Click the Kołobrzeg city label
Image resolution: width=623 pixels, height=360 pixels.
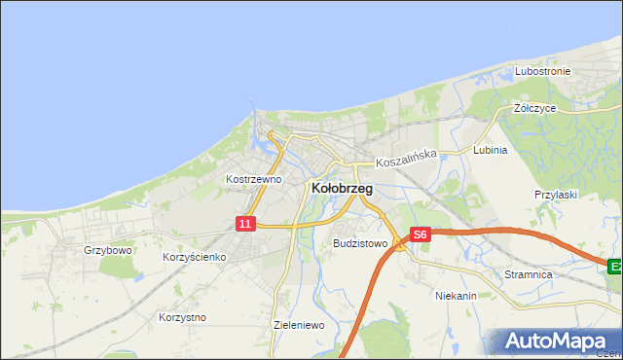(341, 188)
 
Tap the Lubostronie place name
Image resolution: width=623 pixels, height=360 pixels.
(543, 72)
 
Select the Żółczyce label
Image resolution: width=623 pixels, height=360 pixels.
(534, 108)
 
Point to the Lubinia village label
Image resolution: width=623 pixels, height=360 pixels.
(490, 151)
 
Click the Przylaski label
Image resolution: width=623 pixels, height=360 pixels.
(556, 195)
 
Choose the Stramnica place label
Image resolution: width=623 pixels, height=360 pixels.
(529, 275)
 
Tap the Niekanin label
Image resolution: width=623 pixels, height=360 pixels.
(456, 294)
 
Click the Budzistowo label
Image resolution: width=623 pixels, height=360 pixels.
(360, 243)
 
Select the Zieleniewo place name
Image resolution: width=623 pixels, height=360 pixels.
(299, 325)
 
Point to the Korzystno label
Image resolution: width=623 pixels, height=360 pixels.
(182, 317)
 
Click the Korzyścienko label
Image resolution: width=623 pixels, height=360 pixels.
(195, 257)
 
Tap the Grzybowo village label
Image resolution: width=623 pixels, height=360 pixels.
(107, 250)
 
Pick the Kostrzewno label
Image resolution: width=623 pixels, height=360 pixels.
(253, 179)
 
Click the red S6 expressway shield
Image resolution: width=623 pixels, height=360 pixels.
(420, 234)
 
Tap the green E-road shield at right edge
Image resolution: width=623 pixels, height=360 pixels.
(615, 265)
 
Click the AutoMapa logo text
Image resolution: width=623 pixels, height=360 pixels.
(564, 342)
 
